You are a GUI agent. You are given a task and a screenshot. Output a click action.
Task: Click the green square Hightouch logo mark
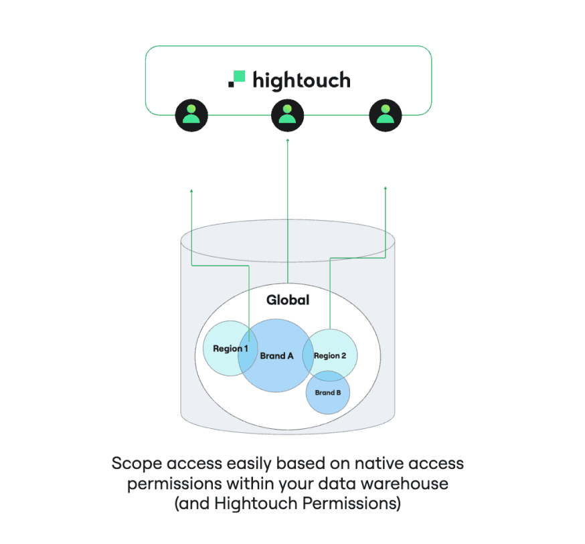pos(237,79)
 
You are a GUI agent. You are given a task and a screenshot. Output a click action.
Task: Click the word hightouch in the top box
pos(301,81)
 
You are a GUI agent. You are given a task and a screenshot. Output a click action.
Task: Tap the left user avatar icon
pos(191,115)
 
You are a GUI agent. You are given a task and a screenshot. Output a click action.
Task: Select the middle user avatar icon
pos(287,115)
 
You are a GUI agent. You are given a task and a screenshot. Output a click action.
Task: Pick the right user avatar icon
pos(385,115)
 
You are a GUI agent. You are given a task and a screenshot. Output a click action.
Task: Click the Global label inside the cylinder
pos(288,300)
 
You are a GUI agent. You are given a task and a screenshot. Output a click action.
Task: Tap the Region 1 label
pos(230,349)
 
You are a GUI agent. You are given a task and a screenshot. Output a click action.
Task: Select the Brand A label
pos(276,356)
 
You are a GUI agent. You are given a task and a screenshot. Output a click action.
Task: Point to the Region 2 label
pos(331,355)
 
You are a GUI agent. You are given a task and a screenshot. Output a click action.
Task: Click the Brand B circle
pos(328,392)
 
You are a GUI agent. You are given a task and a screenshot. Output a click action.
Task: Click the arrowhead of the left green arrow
pos(192,191)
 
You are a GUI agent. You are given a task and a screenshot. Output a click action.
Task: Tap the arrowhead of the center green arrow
pos(287,141)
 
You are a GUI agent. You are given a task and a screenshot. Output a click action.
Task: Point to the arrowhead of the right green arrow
pos(386,189)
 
